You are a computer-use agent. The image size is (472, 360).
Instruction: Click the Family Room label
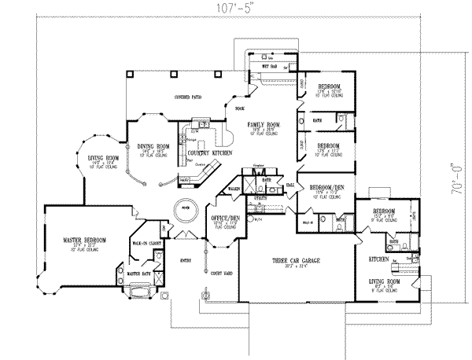(x=260, y=125)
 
